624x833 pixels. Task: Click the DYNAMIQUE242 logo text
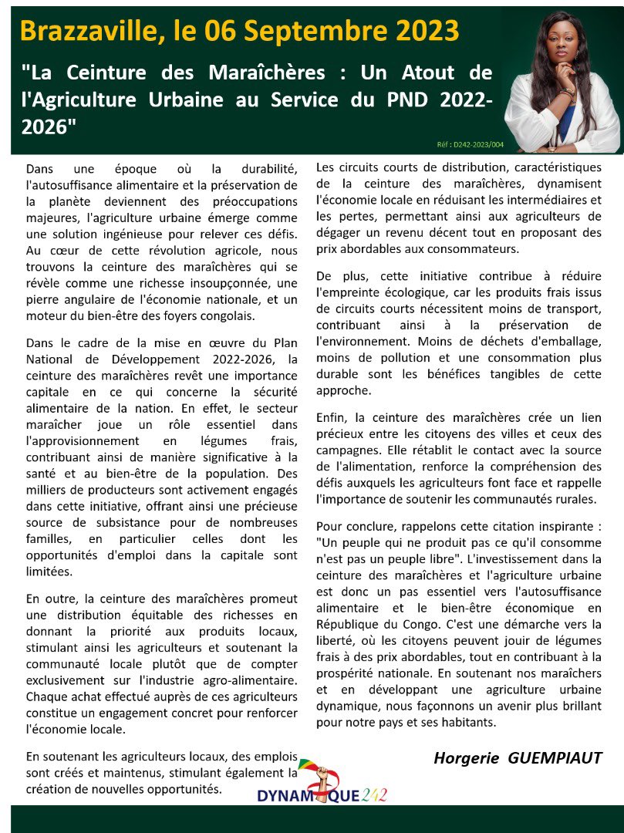[322, 795]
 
